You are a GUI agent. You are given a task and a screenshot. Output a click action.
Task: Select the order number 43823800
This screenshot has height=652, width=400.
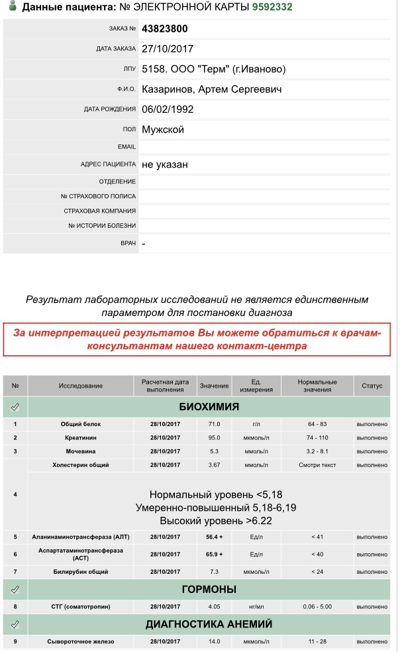point(165,28)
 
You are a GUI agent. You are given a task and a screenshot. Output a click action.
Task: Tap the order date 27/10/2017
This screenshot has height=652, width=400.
point(168,48)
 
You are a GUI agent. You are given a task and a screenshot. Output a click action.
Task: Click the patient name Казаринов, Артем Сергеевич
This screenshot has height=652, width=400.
point(212,89)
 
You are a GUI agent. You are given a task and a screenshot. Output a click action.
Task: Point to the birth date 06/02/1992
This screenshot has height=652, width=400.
point(168,109)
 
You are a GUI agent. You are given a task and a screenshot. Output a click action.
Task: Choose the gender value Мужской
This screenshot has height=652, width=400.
point(163,129)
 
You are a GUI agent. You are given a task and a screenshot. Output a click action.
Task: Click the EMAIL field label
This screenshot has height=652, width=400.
point(126,146)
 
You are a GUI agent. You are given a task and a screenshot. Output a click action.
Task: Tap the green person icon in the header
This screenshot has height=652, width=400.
point(11,7)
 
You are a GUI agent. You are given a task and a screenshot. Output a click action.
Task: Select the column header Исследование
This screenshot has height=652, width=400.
point(80,386)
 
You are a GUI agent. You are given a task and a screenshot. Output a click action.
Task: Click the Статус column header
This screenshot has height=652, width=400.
point(372,386)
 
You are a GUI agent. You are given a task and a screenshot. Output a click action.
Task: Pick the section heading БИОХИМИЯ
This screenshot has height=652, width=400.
point(209,406)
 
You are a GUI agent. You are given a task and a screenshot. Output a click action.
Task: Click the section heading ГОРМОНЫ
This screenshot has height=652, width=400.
point(209,589)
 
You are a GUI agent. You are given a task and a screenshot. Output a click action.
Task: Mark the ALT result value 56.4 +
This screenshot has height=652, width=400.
point(214,536)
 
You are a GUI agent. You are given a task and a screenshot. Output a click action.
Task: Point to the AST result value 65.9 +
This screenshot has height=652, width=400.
point(214,554)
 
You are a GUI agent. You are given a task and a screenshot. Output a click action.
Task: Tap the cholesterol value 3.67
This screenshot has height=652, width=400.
point(214,465)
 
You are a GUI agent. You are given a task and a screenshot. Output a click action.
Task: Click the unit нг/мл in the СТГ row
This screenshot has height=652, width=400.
point(256,606)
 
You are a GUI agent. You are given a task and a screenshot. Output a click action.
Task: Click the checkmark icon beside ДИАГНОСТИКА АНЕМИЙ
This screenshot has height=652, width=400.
point(15,624)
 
